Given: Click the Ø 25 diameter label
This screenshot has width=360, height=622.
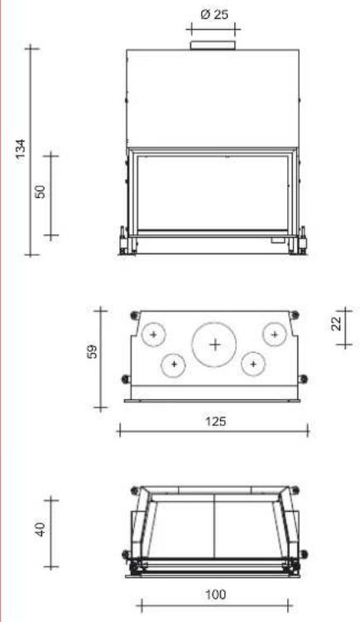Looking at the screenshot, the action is point(214,15).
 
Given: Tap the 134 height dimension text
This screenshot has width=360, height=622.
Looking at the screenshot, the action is point(21,149).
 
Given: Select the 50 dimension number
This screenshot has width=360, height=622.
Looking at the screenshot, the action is point(41,191).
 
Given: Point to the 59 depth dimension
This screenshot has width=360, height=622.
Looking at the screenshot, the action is point(92,351).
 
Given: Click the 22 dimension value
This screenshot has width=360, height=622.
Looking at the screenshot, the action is point(336,323).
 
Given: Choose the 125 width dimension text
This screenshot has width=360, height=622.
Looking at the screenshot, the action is point(215,421).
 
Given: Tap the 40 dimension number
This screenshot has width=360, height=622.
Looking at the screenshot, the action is point(41,528).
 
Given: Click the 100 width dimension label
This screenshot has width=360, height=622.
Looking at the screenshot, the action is point(215,594).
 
